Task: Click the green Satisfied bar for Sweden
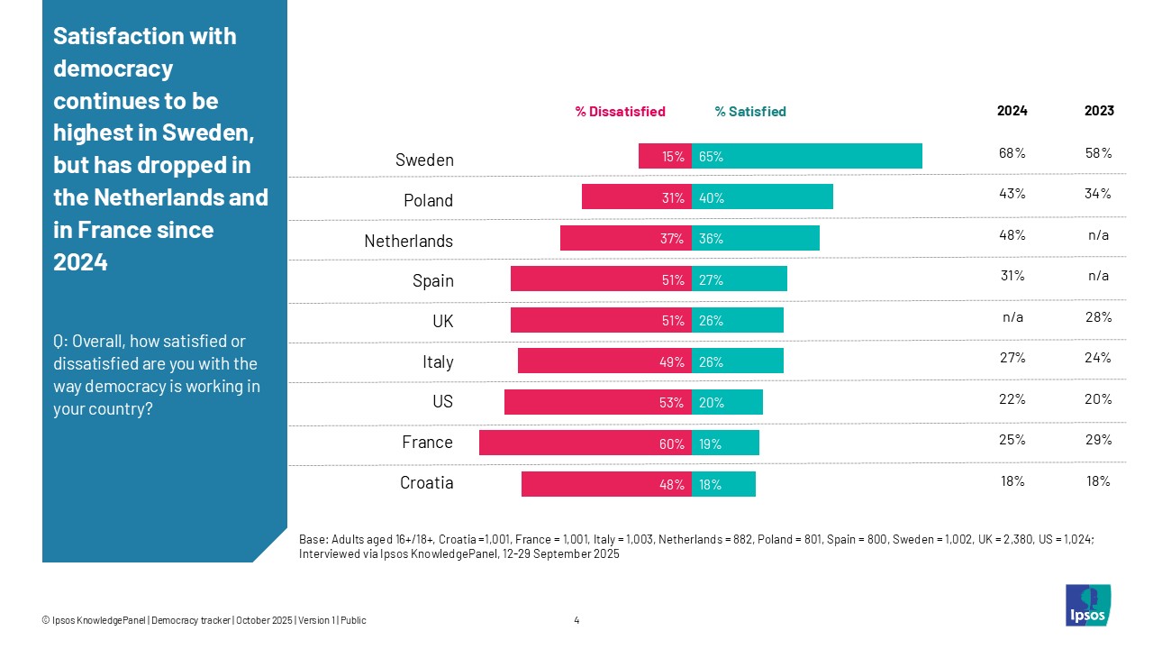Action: [x=806, y=156]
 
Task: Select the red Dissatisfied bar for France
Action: [x=585, y=443]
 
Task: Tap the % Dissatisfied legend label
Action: [x=620, y=112]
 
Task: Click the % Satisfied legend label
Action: [x=750, y=112]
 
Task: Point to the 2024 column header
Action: [x=1012, y=111]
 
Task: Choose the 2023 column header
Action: [x=1099, y=111]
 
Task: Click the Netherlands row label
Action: [x=408, y=241]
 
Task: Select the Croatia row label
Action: [x=426, y=483]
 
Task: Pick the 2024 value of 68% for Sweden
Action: [x=1012, y=152]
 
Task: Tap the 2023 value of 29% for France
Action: [x=1099, y=440]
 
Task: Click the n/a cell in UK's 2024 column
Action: [x=1012, y=317]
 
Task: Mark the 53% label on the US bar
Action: [x=671, y=403]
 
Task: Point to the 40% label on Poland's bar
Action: [x=712, y=199]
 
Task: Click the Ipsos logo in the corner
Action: [x=1087, y=605]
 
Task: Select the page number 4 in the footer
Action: [x=576, y=620]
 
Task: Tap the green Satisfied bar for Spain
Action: [x=739, y=279]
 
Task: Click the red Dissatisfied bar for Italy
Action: [x=604, y=361]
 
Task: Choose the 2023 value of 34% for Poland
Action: [x=1099, y=194]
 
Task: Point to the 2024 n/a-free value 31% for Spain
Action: [x=1012, y=276]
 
